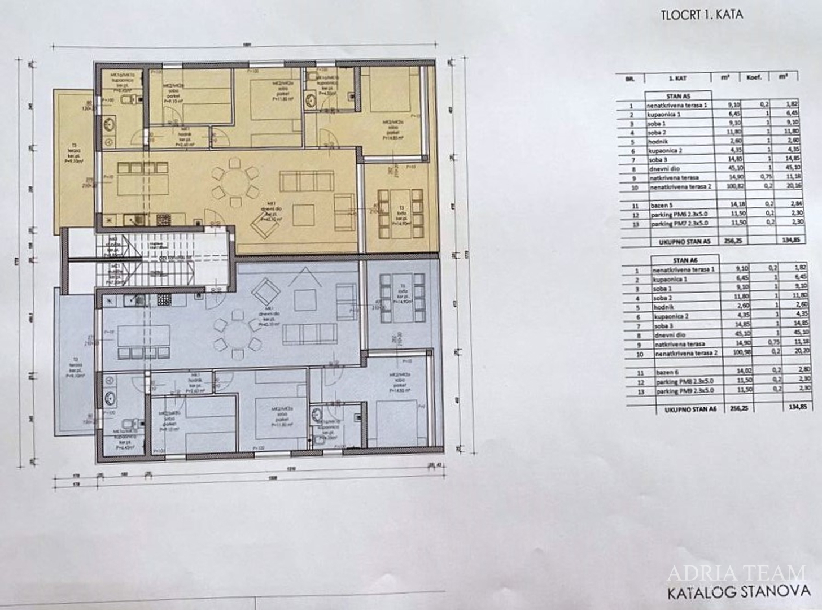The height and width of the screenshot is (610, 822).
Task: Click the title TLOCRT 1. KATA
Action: pos(701,15)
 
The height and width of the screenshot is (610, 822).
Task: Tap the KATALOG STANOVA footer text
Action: pos(738,592)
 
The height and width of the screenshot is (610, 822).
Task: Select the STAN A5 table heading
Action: pos(677,96)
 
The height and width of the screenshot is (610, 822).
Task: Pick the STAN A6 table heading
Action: pos(684,260)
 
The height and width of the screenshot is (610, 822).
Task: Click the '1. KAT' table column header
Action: pos(676,79)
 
